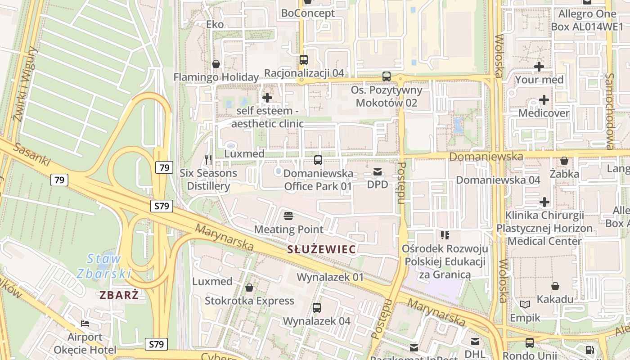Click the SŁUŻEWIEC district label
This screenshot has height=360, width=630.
[322, 249]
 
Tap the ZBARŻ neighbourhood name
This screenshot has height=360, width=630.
[119, 295]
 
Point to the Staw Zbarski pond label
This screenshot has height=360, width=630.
[103, 266]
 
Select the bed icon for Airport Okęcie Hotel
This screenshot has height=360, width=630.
[85, 323]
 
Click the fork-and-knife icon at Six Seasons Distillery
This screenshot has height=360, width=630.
[208, 159]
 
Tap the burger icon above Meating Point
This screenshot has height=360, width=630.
[288, 216]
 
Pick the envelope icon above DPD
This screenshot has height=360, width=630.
[377, 171]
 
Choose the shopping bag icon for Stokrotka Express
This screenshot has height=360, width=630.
[249, 288]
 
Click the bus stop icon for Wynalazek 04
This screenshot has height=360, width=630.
[317, 308]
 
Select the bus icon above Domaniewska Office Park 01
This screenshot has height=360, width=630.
[318, 160]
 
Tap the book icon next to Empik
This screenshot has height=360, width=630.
[525, 305]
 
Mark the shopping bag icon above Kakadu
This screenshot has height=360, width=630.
[555, 286]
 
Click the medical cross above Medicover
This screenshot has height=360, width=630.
[544, 99]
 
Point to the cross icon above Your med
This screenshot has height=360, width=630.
[539, 67]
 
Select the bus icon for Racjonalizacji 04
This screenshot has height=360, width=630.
[304, 59]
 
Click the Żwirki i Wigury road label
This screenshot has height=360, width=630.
[25, 83]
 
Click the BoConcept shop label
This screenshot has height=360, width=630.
[308, 13]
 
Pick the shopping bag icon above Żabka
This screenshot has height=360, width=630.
[564, 161]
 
